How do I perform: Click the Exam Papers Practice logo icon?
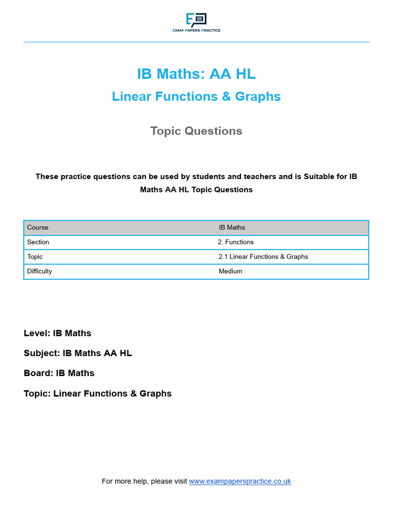196,20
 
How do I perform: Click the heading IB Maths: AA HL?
196,74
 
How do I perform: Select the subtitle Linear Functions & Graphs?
196,96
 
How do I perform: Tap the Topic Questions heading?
196,131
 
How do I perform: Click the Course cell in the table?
38,227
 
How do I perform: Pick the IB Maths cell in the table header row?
232,227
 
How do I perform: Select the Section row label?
38,242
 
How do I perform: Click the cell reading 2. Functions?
235,242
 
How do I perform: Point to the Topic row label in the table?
35,256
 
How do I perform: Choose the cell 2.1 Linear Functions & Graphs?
263,256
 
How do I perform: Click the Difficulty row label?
39,271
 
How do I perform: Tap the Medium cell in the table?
230,271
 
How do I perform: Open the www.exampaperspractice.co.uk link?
240,481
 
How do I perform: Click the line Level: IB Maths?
57,333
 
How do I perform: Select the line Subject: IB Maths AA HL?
78,353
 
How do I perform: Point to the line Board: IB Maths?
59,373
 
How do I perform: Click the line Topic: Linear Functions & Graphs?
98,394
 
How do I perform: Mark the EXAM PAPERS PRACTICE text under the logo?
196,31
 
